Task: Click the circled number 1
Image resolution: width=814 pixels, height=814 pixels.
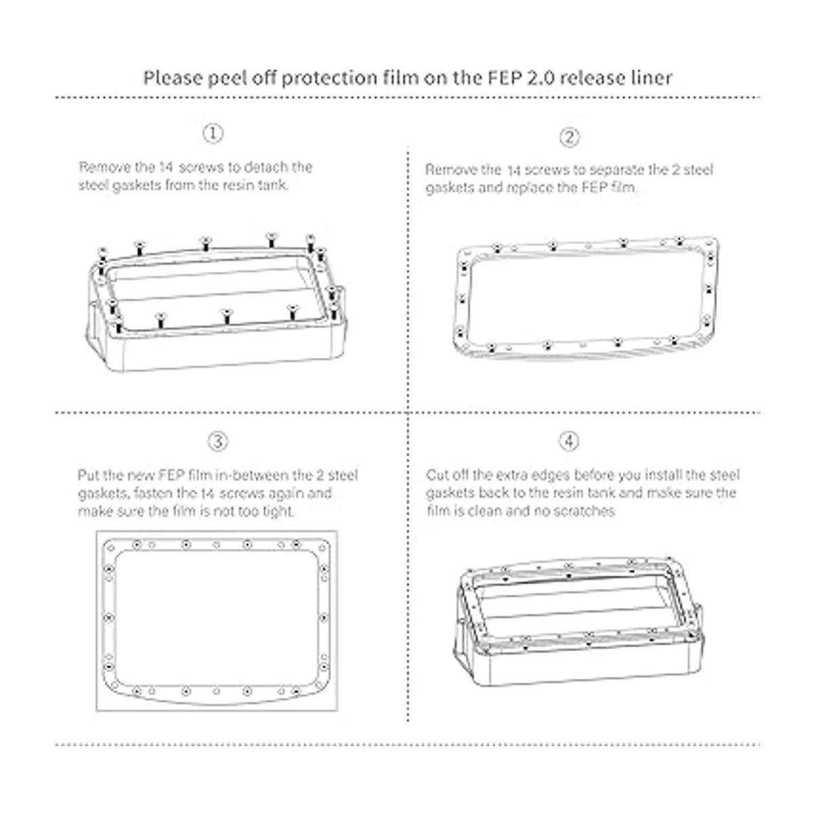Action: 213,134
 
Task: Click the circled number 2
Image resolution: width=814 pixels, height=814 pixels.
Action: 569,137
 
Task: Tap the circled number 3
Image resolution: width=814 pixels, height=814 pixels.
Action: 218,442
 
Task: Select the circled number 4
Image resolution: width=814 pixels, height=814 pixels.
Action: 569,442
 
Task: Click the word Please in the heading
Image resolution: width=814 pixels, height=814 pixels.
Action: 173,78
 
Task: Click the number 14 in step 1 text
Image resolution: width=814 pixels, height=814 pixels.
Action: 166,168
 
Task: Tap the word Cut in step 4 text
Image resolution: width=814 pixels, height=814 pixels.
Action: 437,475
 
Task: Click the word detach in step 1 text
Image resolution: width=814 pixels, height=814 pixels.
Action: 268,168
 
